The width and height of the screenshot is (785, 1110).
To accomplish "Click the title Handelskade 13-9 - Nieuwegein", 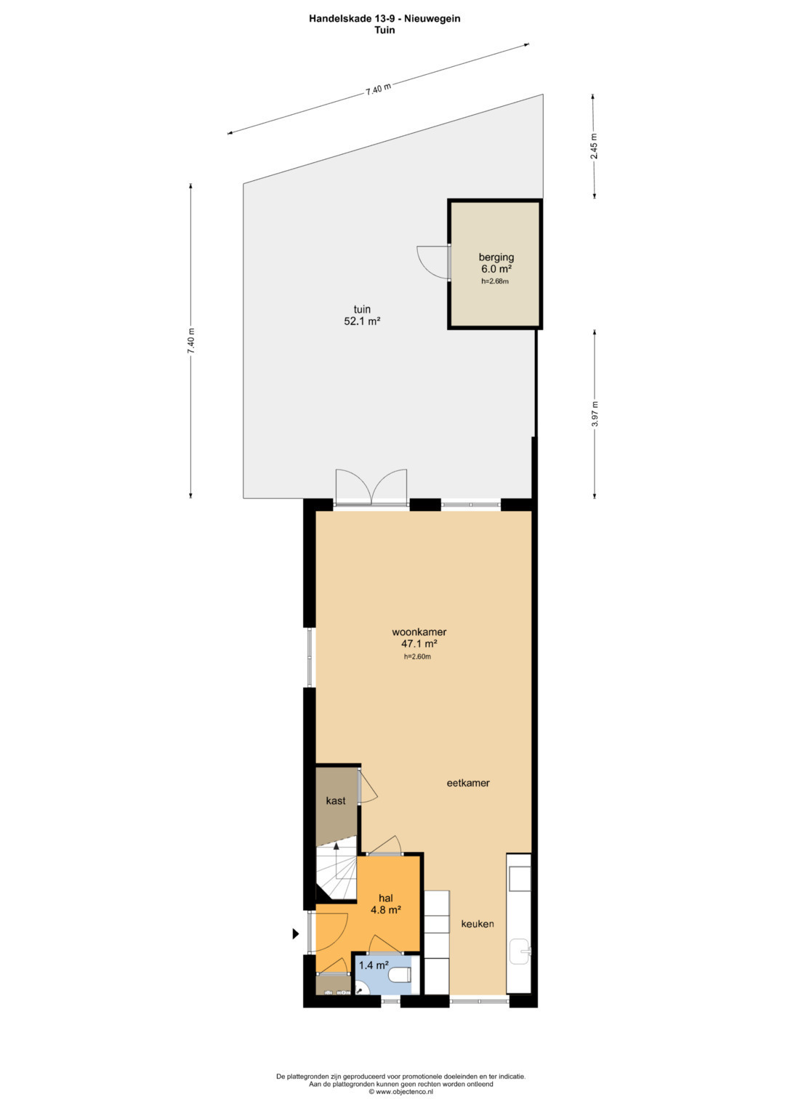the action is (x=385, y=18).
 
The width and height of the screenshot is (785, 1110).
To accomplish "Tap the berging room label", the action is (x=496, y=257).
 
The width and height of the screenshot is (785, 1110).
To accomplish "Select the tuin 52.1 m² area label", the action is (x=362, y=315).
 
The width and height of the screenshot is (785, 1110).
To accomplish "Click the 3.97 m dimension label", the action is (x=595, y=414).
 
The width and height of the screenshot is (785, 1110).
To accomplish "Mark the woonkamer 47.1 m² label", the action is (x=419, y=638).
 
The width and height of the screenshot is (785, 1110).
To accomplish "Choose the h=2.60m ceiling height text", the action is (x=417, y=657).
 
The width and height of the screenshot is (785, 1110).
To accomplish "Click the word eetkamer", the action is (x=468, y=783).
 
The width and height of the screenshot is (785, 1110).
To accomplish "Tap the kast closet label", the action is (x=336, y=801).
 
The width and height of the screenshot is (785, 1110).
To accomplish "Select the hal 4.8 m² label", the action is (x=385, y=904).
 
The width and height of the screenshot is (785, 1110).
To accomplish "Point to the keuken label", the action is (x=478, y=924).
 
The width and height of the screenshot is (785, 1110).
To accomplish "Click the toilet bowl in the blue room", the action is (x=400, y=975).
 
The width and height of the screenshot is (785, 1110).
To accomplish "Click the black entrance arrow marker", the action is (x=296, y=933).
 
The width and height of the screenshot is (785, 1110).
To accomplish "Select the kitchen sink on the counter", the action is (x=520, y=950).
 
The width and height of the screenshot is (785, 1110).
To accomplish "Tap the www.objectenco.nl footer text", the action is (x=401, y=1091).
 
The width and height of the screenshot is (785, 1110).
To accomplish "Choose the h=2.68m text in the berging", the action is (x=496, y=281).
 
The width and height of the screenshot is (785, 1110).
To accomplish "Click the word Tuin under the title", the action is (x=385, y=30).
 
